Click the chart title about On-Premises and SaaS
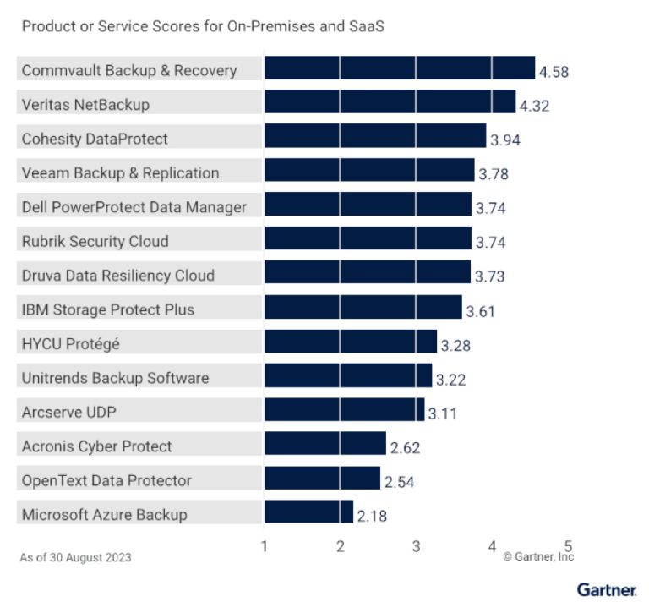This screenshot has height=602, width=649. click(x=203, y=26)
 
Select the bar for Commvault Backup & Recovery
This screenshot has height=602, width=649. click(x=399, y=68)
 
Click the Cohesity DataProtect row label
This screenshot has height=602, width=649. click(x=95, y=139)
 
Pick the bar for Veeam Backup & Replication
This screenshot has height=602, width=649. click(x=369, y=172)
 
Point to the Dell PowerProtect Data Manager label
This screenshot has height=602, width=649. click(x=134, y=207)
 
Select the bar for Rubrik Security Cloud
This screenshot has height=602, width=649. click(x=368, y=240)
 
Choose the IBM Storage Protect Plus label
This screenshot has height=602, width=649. click(x=107, y=309)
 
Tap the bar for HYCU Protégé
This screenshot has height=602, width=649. click(x=350, y=342)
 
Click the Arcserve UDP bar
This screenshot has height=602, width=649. click(x=344, y=411)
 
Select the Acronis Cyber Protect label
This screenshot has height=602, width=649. click(x=96, y=446)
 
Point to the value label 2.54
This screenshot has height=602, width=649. click(x=401, y=482)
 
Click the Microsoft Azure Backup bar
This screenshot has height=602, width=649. click(x=308, y=512)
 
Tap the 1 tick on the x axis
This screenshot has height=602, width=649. click(x=265, y=546)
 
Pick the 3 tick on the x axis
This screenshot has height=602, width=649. click(x=416, y=546)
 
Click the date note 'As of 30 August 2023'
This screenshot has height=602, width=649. click(x=75, y=557)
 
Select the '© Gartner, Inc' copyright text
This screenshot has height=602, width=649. click(x=538, y=556)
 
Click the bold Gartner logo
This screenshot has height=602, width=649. click(x=606, y=588)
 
